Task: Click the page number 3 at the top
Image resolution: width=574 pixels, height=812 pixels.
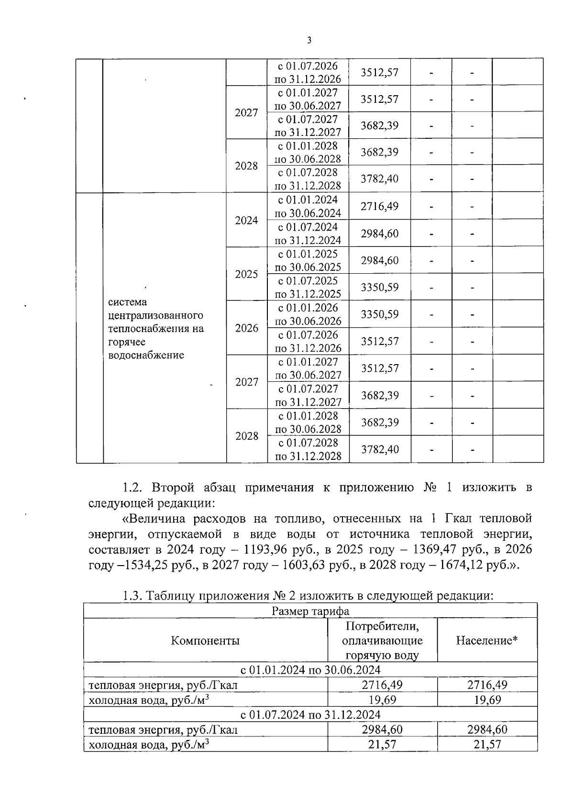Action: click(x=309, y=41)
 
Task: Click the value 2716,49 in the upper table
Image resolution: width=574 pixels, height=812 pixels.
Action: click(x=379, y=206)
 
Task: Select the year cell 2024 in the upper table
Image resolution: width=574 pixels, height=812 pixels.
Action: click(x=246, y=220)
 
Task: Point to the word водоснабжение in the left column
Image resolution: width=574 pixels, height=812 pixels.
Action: click(x=146, y=355)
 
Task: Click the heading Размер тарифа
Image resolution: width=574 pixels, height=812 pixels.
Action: click(x=310, y=611)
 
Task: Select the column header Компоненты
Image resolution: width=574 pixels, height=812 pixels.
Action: click(x=205, y=640)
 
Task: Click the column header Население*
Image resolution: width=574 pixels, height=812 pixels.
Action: click(x=486, y=640)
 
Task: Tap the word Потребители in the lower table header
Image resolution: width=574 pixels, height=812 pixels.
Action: click(x=382, y=625)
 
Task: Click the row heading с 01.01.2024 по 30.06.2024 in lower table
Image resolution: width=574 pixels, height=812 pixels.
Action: click(x=310, y=669)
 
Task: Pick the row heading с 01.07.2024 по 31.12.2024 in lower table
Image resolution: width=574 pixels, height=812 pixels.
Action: click(x=310, y=714)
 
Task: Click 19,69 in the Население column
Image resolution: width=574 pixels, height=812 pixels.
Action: click(x=487, y=700)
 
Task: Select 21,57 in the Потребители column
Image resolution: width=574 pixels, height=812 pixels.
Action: click(x=382, y=744)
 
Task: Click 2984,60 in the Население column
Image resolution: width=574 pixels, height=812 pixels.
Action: click(x=487, y=729)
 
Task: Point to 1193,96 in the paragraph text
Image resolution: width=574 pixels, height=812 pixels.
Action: click(x=265, y=549)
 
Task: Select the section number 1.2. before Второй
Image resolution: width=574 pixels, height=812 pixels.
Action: click(x=132, y=488)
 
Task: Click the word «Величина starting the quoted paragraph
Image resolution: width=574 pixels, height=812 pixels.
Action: click(x=155, y=518)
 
